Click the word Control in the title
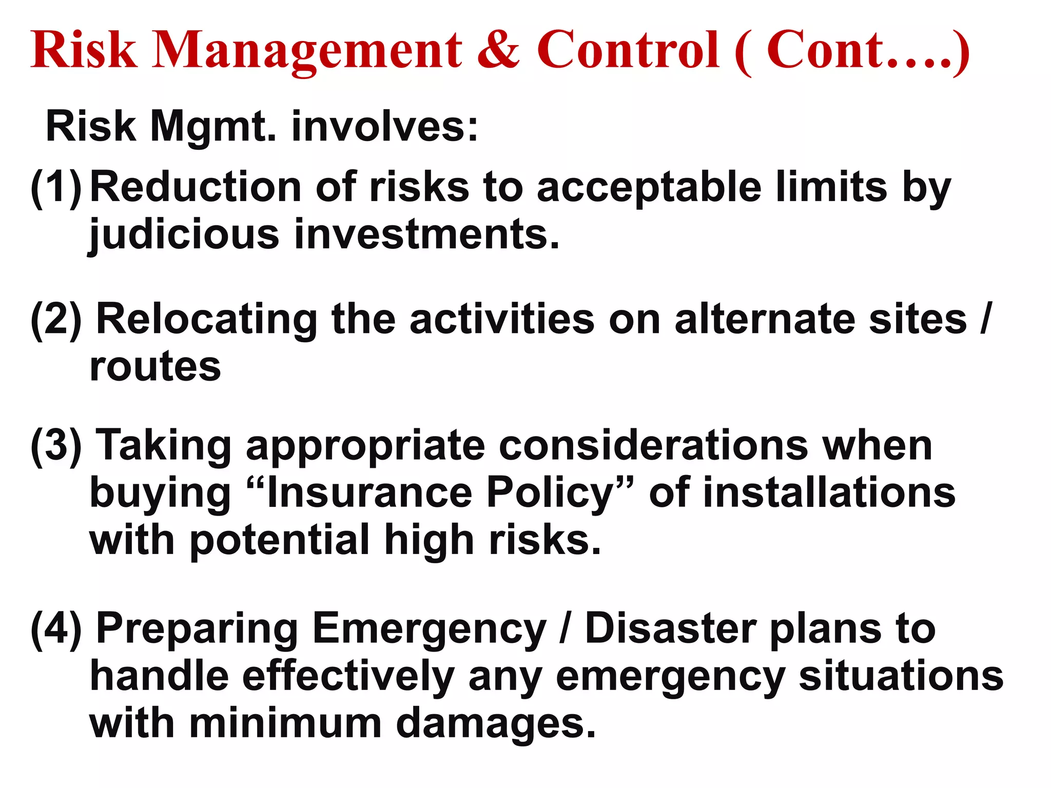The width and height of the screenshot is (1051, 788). coord(628,50)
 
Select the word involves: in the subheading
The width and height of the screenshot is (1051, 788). coord(385,126)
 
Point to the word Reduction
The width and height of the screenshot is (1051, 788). coord(196,187)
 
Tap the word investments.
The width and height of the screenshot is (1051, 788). coord(426,234)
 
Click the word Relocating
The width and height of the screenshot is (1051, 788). coord(207,319)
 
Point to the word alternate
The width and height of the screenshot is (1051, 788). coord(764,319)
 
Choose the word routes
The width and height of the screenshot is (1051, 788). coord(155,367)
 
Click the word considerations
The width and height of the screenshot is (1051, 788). coord(653,445)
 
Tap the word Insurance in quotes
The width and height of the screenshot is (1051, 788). coord(369,493)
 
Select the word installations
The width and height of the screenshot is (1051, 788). coord(828,493)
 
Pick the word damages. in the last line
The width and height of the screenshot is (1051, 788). coord(496,724)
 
